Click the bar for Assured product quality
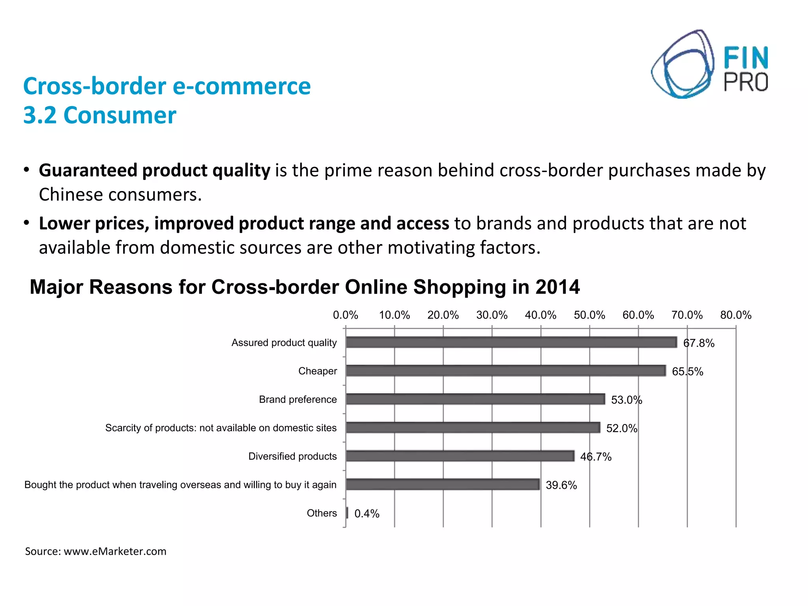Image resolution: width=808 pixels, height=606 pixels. [x=511, y=342]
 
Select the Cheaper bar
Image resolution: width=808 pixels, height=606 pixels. [x=505, y=370]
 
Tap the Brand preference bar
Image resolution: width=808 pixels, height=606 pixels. [x=475, y=399]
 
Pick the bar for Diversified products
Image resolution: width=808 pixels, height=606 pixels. [x=460, y=456]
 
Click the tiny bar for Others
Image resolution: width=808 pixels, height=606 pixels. [x=347, y=512]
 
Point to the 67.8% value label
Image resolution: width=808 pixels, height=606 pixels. [x=698, y=343]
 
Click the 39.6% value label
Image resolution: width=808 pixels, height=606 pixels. [x=561, y=485]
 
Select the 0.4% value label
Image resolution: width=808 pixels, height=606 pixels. [x=367, y=513]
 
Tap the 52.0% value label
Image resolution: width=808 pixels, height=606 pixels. [x=621, y=428]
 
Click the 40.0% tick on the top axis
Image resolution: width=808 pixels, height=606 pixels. [x=540, y=315]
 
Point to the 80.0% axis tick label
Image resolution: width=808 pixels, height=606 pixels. [x=735, y=315]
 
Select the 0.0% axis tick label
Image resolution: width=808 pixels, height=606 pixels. [x=345, y=315]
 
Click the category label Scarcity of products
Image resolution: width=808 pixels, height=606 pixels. [x=221, y=428]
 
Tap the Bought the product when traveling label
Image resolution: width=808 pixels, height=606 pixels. [x=180, y=484]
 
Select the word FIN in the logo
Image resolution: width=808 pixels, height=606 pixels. [x=746, y=58]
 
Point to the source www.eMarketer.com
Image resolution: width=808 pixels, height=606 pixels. [x=115, y=551]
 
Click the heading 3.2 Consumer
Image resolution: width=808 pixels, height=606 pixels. [x=99, y=115]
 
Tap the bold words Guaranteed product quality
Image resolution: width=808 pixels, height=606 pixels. [x=154, y=170]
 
